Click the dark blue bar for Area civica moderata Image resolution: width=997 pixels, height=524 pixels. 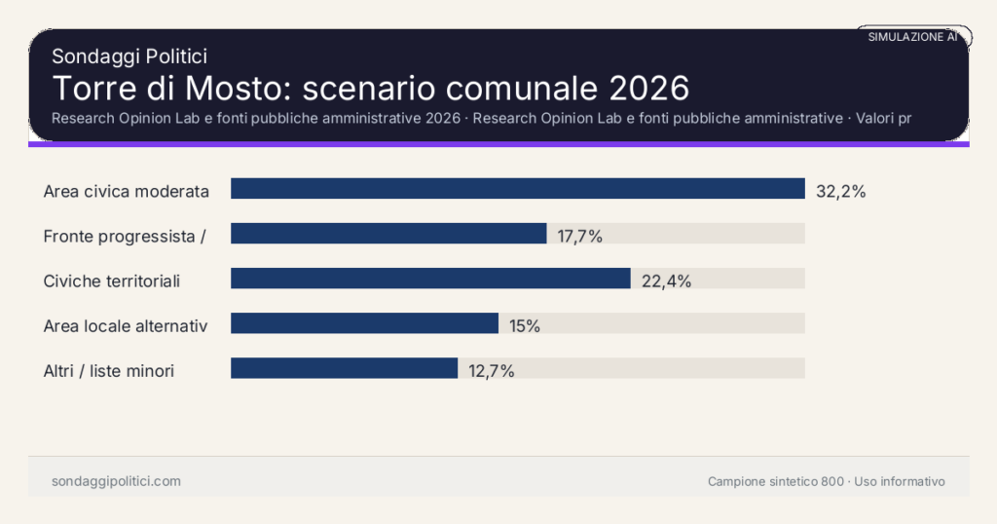click(517, 189)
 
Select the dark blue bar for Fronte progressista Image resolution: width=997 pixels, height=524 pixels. click(388, 234)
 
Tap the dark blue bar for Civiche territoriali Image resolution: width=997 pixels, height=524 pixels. click(430, 279)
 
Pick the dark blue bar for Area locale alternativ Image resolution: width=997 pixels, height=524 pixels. click(364, 323)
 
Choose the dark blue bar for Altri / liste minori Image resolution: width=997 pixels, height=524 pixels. click(344, 368)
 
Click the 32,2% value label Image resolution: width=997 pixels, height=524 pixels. click(840, 191)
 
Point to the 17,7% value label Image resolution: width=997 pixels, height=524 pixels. click(580, 236)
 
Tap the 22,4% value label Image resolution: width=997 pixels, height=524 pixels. click(666, 281)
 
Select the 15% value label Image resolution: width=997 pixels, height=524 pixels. click(525, 326)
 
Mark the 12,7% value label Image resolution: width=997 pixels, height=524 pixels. click(491, 371)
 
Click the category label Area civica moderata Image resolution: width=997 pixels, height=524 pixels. click(127, 191)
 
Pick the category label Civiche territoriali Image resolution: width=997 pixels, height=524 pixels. click(112, 281)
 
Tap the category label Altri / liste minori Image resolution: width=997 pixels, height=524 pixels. click(109, 371)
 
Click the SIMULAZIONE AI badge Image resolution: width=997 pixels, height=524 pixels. click(912, 36)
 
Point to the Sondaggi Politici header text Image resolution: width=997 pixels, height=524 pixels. click(129, 56)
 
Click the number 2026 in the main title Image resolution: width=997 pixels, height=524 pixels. click(648, 88)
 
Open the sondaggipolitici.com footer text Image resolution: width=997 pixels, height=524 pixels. click(116, 481)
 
